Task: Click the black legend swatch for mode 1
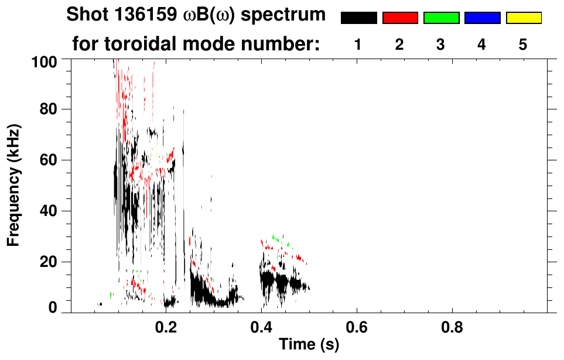[x=359, y=18]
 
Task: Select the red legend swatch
[x=400, y=18]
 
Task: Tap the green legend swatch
[x=441, y=18]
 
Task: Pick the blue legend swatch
[x=482, y=18]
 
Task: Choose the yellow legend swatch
[x=523, y=18]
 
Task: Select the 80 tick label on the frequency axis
[x=49, y=109]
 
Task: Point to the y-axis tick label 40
[x=49, y=211]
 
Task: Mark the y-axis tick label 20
[x=49, y=262]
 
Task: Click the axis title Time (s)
[x=309, y=345]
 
